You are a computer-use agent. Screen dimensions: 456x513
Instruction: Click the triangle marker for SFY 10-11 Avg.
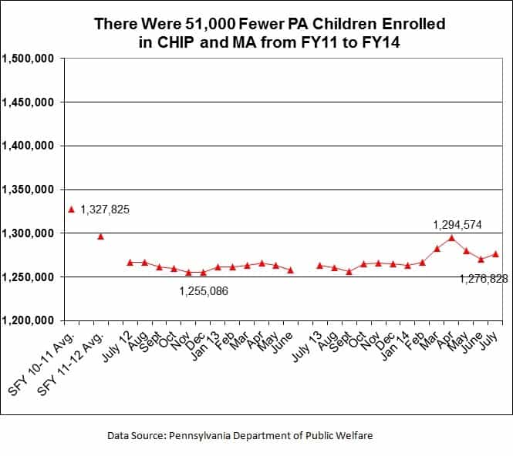[x=71, y=209]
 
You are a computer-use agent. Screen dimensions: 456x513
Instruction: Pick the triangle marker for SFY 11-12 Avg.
[x=100, y=236]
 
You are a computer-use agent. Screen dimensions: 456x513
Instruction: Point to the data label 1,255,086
[x=204, y=291]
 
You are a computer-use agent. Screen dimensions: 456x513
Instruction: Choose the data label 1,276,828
[x=484, y=279]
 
